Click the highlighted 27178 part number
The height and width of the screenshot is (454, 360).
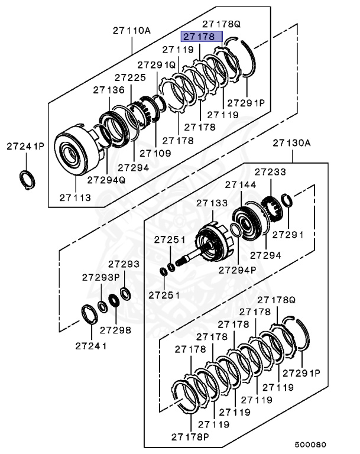(202, 37)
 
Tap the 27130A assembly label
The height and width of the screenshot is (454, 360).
(291, 143)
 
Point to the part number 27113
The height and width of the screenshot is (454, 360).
(75, 197)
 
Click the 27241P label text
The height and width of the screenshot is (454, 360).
(25, 145)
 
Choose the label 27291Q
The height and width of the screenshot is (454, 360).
(157, 64)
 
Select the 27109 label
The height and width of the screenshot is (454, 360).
(155, 153)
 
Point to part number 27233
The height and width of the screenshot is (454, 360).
(271, 172)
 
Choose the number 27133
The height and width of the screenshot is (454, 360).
(212, 203)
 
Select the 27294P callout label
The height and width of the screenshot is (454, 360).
(237, 270)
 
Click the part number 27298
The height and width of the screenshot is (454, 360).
(115, 330)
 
